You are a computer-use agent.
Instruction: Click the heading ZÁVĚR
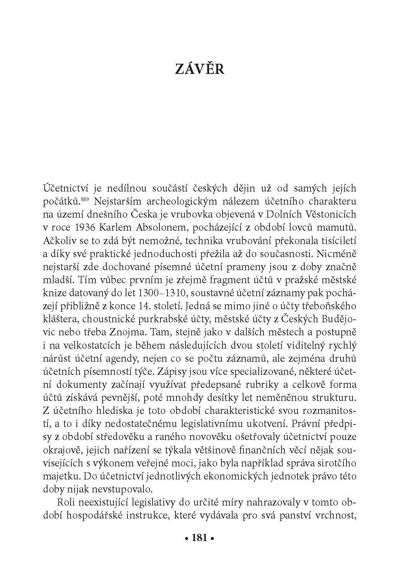click(x=200, y=69)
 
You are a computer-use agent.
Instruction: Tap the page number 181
click(x=200, y=538)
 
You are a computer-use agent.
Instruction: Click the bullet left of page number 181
click(x=186, y=539)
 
